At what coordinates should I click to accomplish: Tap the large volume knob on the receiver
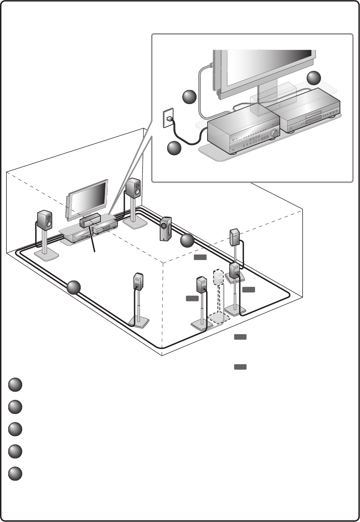point(274,133)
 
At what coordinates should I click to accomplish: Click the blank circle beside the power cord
point(174,148)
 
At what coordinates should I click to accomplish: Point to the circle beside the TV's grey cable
point(189,97)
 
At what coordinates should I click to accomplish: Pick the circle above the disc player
point(314,78)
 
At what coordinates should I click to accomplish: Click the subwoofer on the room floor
point(165,229)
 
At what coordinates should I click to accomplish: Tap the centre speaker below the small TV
point(90,220)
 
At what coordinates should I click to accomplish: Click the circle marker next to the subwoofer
point(187,241)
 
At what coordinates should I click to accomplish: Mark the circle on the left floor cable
point(74,287)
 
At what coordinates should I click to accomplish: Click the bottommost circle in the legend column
point(15,474)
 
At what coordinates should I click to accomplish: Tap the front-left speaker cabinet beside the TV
point(45,220)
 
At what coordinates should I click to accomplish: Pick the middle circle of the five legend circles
point(15,429)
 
